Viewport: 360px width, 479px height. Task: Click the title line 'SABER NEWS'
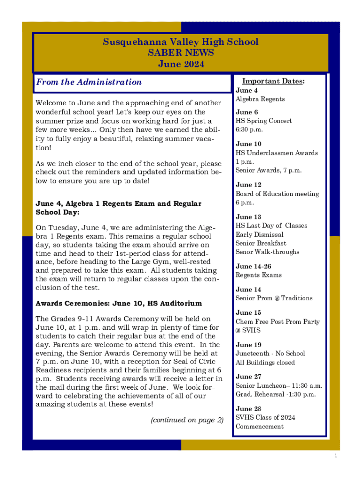(180, 53)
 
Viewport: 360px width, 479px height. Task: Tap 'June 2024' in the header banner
(180, 65)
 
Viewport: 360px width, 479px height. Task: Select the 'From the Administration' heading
(89, 82)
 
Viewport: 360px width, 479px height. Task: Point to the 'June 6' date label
(247, 112)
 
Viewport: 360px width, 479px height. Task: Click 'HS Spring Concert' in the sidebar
(264, 121)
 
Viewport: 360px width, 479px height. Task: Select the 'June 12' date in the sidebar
(248, 185)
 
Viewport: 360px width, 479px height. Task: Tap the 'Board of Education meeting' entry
(277, 194)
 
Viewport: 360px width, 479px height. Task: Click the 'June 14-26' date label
(253, 266)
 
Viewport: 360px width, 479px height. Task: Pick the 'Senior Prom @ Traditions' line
(274, 298)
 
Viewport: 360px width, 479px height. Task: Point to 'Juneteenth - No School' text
(270, 353)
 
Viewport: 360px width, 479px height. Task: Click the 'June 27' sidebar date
(248, 377)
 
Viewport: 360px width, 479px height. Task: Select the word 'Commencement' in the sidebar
(259, 427)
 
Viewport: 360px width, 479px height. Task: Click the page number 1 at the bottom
(336, 456)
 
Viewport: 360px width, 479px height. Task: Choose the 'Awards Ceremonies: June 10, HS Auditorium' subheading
(119, 304)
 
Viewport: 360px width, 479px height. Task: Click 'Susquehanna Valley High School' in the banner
(180, 42)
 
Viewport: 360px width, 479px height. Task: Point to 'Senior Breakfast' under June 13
(261, 243)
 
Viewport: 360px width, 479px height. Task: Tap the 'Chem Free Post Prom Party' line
(278, 321)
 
